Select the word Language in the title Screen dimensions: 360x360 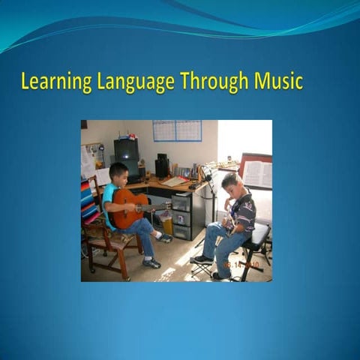(127, 81)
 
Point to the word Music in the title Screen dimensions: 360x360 (277, 81)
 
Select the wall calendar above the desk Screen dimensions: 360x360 (177, 130)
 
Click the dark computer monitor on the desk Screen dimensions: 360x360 (125, 150)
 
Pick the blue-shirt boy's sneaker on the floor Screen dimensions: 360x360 (152, 263)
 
